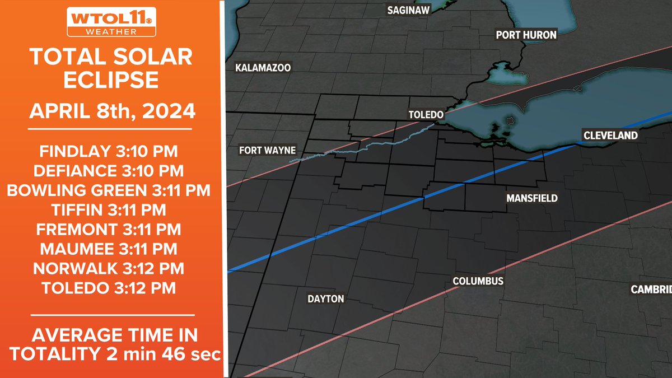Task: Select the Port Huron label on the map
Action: click(x=526, y=35)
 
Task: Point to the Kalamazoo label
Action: click(x=263, y=68)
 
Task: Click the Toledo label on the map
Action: click(x=426, y=114)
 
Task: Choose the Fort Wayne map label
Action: click(x=267, y=150)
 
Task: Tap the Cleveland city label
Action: click(x=610, y=136)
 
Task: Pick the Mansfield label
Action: click(x=532, y=198)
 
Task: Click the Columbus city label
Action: click(x=478, y=281)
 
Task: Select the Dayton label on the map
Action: click(x=325, y=299)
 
